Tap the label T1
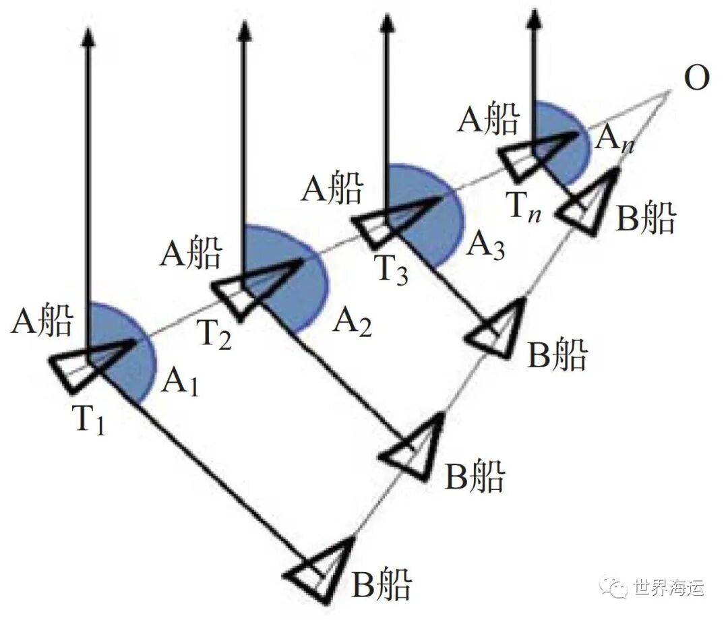click(90, 421)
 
